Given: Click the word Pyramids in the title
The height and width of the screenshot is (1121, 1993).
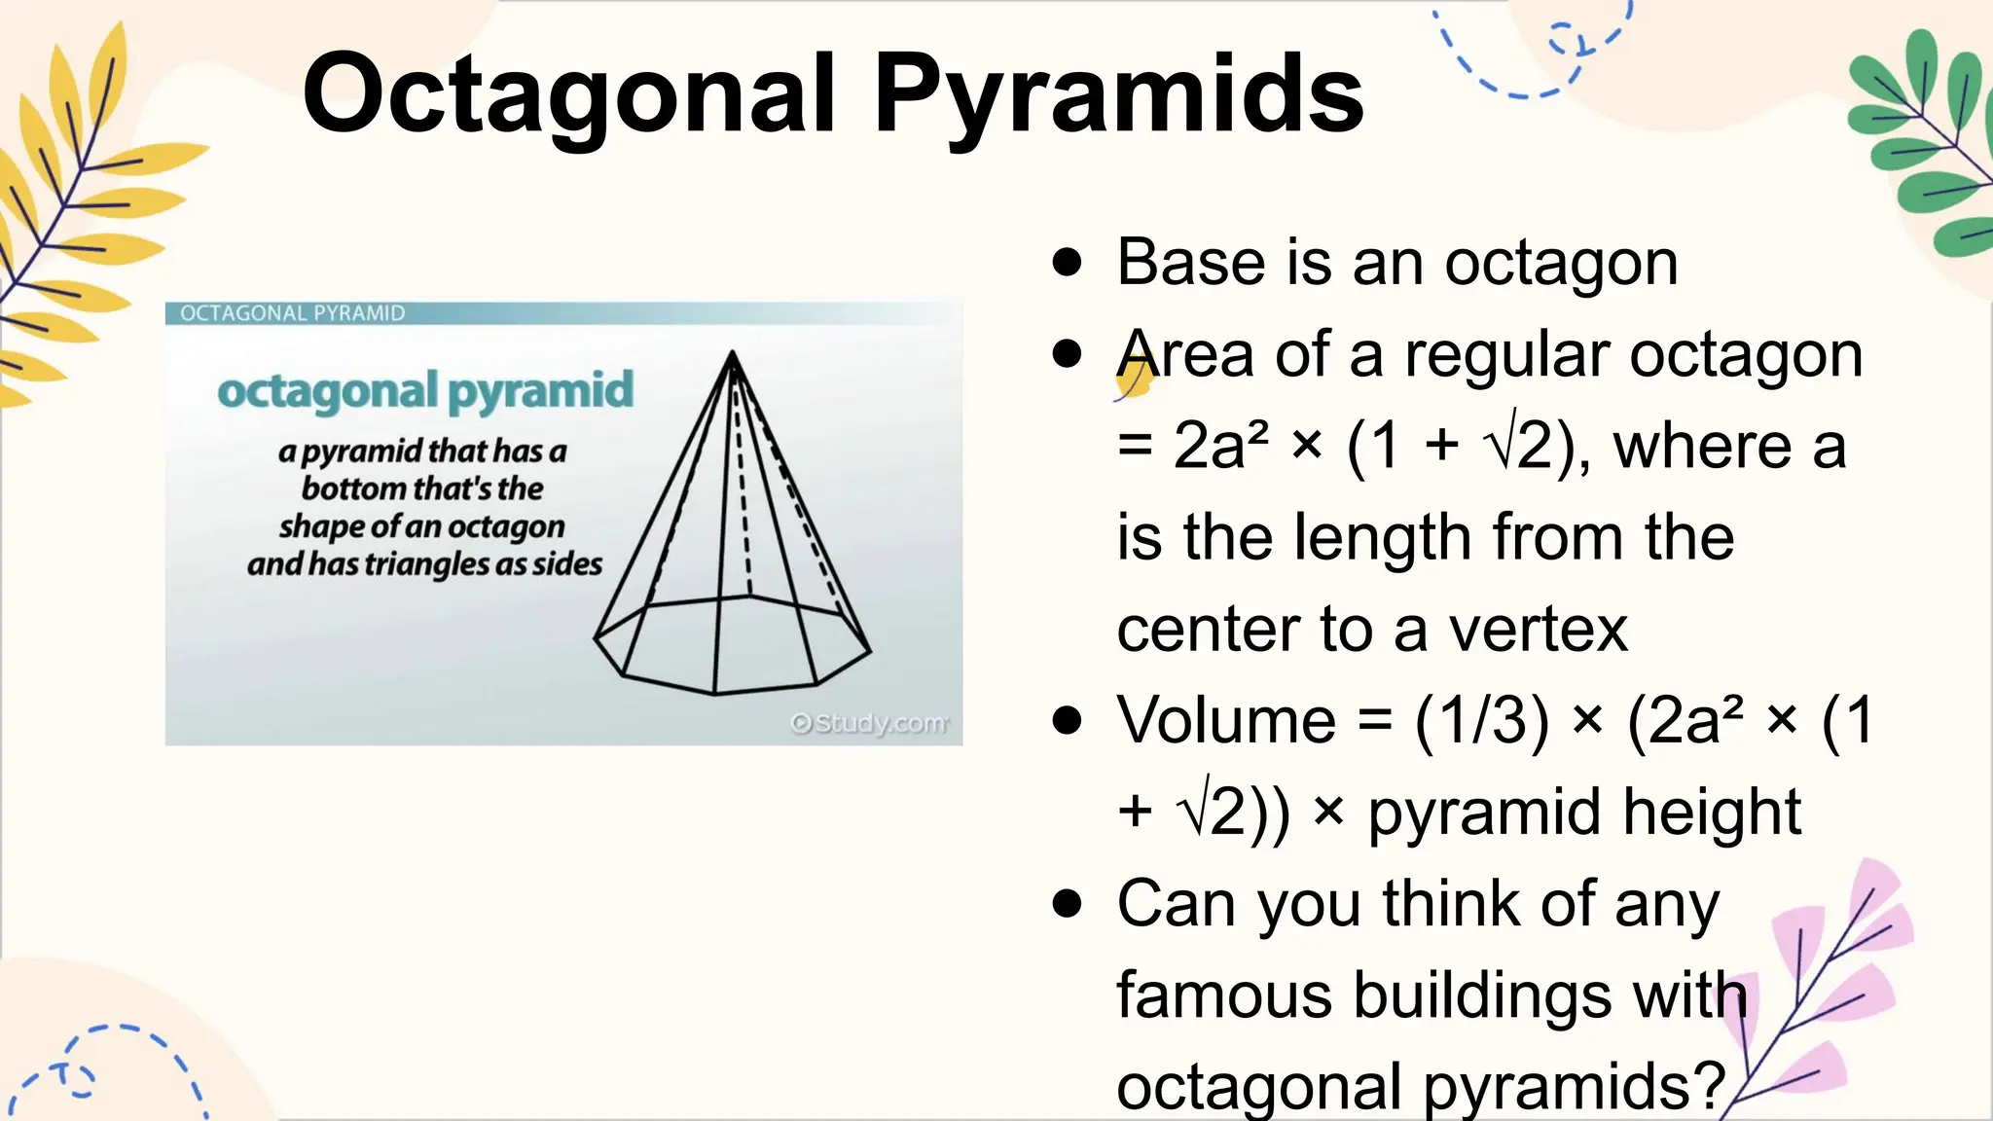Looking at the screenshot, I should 1118,95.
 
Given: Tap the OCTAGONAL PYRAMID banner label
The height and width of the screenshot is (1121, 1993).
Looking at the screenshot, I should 292,313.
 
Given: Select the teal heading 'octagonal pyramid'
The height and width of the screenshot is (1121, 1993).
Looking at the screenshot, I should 425,391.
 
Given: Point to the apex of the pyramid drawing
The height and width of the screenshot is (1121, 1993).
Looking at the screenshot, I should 732,353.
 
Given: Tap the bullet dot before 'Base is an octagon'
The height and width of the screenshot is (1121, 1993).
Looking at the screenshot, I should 1068,263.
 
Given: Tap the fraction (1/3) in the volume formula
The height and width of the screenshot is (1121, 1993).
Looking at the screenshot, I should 1481,721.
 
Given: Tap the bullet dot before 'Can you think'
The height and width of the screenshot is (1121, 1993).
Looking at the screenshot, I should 1068,904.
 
